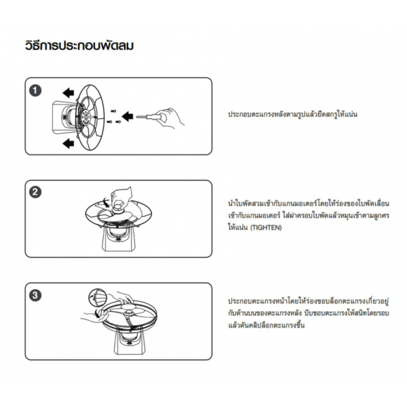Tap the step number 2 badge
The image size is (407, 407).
37,192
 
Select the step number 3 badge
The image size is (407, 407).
37,295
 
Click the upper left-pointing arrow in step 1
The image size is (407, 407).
66,92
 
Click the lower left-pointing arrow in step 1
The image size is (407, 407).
66,144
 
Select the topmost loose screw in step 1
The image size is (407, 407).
114,110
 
